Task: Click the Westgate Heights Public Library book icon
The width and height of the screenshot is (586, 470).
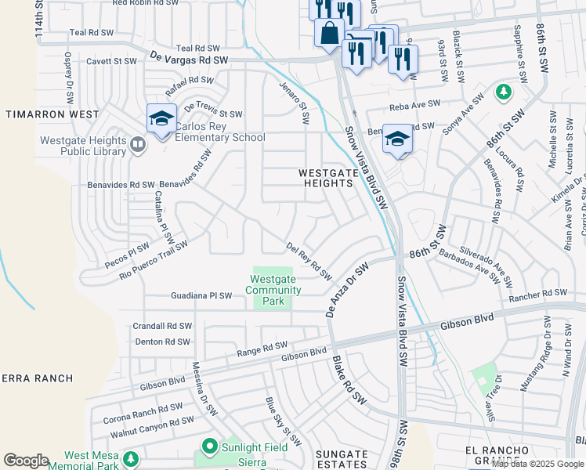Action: [138, 145]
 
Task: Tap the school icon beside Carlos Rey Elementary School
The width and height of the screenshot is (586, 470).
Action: [161, 118]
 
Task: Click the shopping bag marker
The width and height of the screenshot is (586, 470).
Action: [329, 33]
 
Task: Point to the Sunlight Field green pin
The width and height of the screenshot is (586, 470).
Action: [209, 447]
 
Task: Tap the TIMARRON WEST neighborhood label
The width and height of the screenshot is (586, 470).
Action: [52, 114]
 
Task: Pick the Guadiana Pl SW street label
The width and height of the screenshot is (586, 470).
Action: [201, 296]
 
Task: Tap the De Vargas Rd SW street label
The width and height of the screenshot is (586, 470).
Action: [190, 60]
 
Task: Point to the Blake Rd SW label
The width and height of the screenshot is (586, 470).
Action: [349, 381]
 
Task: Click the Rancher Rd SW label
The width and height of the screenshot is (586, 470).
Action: [536, 298]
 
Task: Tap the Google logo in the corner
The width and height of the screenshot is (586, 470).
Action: [26, 460]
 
